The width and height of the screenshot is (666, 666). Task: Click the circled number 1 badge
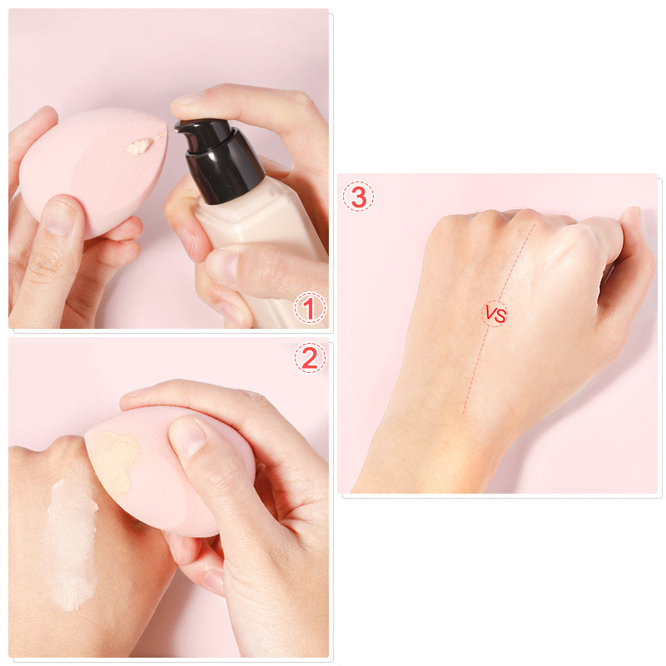click(x=309, y=310)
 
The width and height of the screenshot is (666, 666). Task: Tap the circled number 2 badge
click(x=309, y=358)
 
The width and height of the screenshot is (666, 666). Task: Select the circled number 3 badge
click(x=359, y=197)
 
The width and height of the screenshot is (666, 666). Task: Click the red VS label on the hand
click(x=495, y=315)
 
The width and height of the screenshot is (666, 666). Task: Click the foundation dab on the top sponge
click(x=140, y=147)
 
